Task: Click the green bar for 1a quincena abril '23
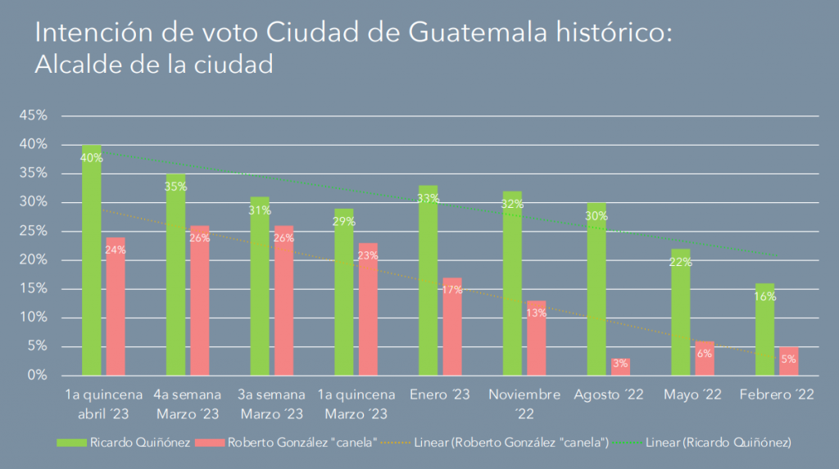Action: [x=92, y=262]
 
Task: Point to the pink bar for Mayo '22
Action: [x=704, y=359]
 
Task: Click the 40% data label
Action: [x=92, y=158]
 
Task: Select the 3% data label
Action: [x=619, y=363]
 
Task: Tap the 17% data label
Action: [x=451, y=291]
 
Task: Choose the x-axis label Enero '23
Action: [x=440, y=395]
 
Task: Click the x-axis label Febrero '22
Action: [x=777, y=395]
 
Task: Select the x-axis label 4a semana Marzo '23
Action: [x=188, y=404]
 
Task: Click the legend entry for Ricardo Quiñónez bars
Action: [x=123, y=443]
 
